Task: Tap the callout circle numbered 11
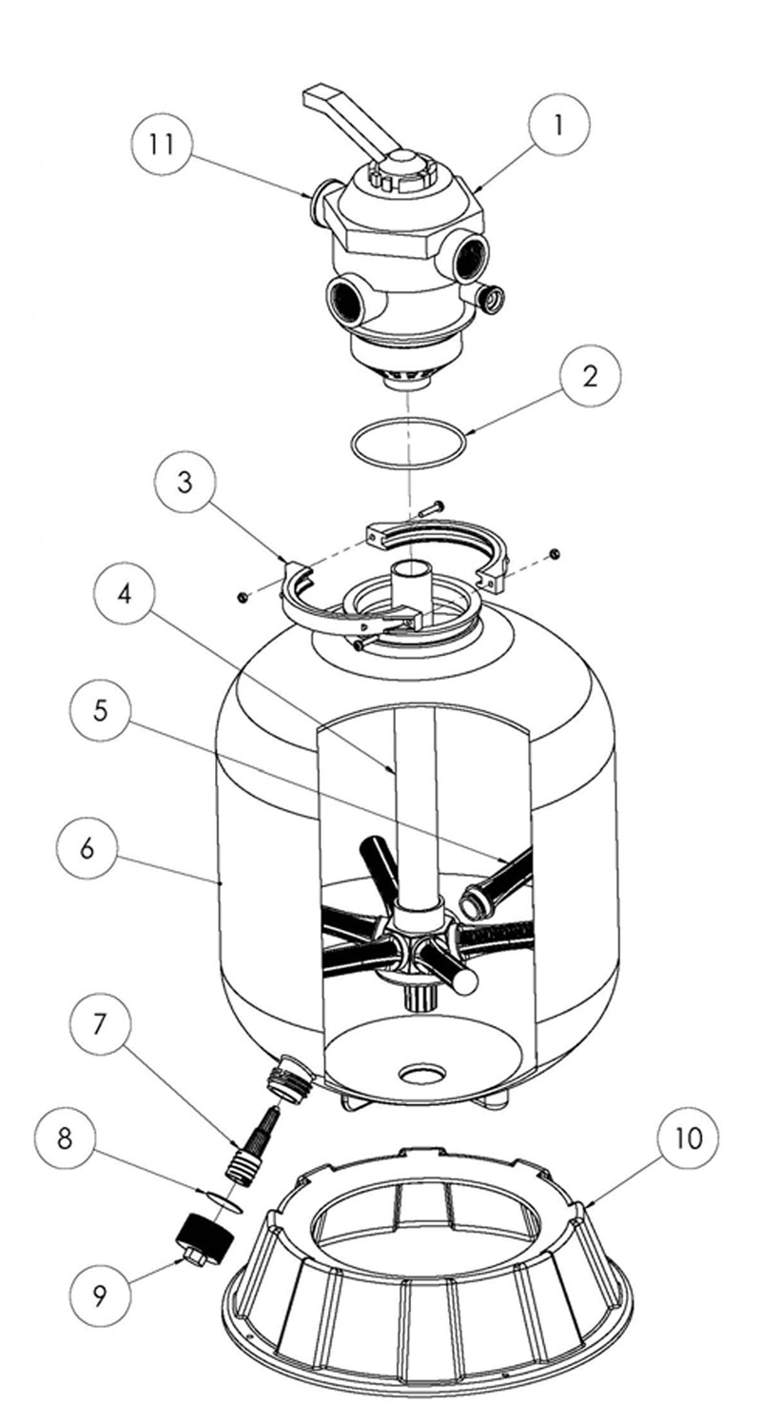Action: pyautogui.click(x=162, y=145)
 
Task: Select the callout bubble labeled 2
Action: pyautogui.click(x=590, y=376)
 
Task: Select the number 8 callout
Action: pyautogui.click(x=65, y=1138)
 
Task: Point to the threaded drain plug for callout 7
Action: pyautogui.click(x=250, y=1147)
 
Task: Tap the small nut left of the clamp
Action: pyautogui.click(x=244, y=597)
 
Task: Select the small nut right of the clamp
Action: pyautogui.click(x=556, y=553)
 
